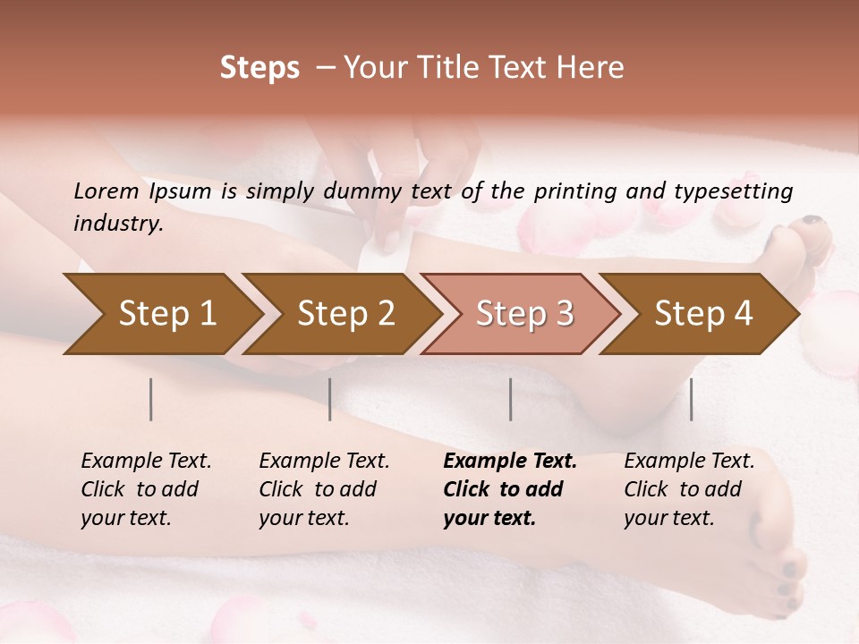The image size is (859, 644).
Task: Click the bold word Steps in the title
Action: pyautogui.click(x=259, y=68)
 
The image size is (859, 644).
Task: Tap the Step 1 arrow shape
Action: pyautogui.click(x=161, y=313)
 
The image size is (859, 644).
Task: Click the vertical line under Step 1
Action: pyautogui.click(x=151, y=399)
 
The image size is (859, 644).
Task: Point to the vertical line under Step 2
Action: pyautogui.click(x=330, y=399)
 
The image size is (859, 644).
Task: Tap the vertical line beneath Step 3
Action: pyautogui.click(x=511, y=399)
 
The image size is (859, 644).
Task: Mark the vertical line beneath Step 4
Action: pyautogui.click(x=692, y=399)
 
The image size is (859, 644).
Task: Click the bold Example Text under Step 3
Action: pyautogui.click(x=510, y=488)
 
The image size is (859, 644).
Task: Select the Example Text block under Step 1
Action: pyautogui.click(x=146, y=488)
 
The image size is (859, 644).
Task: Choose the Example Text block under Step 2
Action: pyautogui.click(x=324, y=488)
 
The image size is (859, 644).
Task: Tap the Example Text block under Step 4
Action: pyautogui.click(x=689, y=488)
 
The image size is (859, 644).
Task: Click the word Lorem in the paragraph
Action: pyautogui.click(x=106, y=191)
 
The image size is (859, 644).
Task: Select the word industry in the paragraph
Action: pyautogui.click(x=117, y=224)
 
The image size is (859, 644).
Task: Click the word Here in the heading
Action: pyautogui.click(x=590, y=68)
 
